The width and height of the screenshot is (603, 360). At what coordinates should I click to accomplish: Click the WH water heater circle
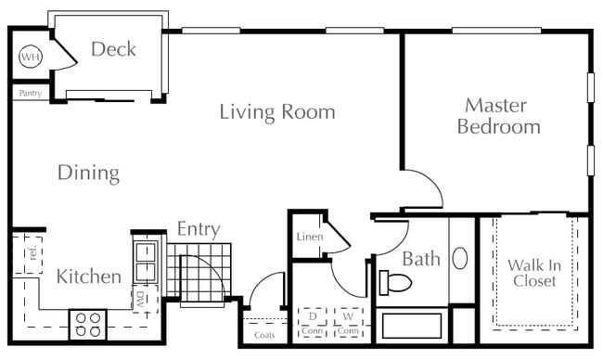pos(31,57)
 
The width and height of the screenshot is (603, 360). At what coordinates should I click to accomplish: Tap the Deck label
pos(113,49)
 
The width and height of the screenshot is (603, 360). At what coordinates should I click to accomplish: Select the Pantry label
pos(31,93)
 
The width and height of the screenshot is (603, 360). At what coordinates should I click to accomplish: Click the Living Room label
pos(277,112)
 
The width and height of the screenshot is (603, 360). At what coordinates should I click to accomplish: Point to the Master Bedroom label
pos(499,116)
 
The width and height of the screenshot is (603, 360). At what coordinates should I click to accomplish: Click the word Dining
pos(88,174)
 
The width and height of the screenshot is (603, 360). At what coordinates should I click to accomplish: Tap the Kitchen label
pos(89,276)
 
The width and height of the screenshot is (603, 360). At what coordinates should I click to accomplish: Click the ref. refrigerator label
pos(32,252)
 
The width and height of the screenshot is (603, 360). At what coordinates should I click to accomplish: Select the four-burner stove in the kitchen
pos(87,325)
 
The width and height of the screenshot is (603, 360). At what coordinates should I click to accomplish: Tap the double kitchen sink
pos(146,262)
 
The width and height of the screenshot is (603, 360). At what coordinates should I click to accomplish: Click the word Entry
pos(199,229)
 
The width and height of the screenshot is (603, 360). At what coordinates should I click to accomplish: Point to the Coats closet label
pos(264,335)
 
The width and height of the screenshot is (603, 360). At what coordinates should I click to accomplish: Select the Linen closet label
pos(310,237)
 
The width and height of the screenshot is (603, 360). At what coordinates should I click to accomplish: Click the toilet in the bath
pos(395,283)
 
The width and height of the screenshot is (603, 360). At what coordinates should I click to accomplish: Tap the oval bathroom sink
pos(459,258)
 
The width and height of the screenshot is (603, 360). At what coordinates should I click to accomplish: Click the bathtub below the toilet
pos(412,326)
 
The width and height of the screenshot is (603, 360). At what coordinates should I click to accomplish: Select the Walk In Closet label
pos(534,273)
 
